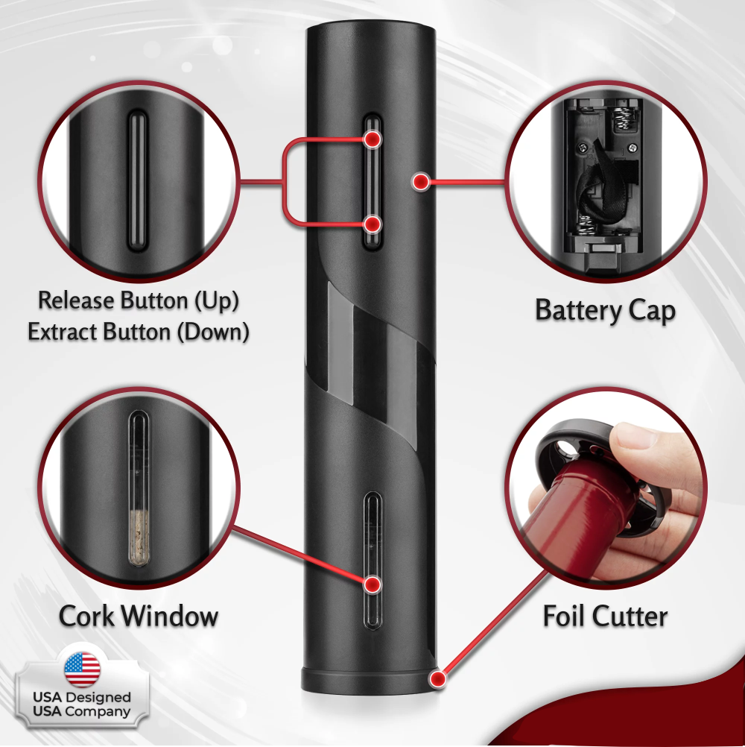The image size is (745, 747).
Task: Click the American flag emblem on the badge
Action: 83,669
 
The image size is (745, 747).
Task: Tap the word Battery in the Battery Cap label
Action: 578,311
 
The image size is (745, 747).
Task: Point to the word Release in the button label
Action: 76,300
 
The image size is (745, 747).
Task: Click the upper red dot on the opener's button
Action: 372,139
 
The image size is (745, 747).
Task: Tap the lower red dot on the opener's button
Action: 372,224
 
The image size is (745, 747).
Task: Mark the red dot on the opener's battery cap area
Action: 421,181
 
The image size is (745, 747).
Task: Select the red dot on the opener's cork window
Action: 373,584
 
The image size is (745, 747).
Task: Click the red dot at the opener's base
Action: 437,678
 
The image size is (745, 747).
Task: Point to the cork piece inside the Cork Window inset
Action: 138,538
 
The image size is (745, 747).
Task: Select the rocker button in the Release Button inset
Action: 137,181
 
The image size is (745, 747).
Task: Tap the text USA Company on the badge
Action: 81,712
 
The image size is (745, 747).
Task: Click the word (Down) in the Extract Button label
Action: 213,332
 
